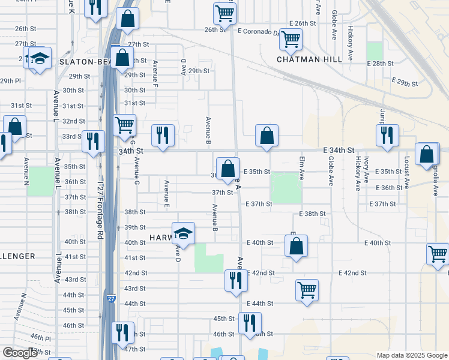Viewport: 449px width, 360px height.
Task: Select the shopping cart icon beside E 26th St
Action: point(224,13)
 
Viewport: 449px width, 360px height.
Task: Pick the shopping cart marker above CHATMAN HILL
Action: point(291,39)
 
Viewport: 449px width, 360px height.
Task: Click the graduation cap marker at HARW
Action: point(183,234)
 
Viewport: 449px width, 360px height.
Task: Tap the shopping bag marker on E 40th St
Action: point(296,246)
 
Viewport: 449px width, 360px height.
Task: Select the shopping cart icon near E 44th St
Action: point(307,290)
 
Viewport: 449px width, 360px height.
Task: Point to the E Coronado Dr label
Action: point(259,31)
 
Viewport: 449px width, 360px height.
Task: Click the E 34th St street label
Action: point(339,149)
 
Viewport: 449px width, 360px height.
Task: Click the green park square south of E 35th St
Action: point(286,187)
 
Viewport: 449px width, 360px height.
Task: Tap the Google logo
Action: point(20,353)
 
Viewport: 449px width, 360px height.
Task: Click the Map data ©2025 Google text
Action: point(412,355)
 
